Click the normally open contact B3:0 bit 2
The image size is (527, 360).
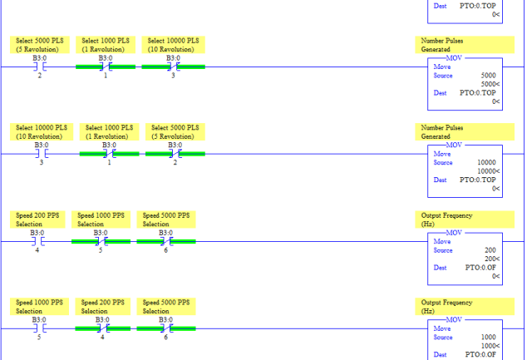(40, 67)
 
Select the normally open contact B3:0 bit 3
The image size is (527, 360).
(42, 154)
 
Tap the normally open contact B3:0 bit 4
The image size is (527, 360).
(37, 241)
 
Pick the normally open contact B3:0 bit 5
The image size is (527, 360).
(40, 328)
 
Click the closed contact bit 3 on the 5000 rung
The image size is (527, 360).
(173, 67)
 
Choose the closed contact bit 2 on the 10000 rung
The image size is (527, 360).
(175, 154)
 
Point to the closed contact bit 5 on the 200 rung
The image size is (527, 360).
(101, 241)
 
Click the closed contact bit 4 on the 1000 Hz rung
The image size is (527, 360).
(102, 328)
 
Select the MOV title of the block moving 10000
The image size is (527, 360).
(454, 145)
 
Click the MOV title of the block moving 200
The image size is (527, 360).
(454, 233)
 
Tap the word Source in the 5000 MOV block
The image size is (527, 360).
(443, 76)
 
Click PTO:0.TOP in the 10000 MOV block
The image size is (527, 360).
(478, 180)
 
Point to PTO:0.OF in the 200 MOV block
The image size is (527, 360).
(480, 268)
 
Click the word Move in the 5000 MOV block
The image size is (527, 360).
(442, 67)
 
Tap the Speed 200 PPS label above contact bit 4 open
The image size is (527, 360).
(37, 219)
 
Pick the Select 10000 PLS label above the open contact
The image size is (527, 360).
(42, 131)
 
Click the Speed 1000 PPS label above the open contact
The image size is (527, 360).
(39, 307)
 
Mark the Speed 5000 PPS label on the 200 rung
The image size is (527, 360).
(166, 219)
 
